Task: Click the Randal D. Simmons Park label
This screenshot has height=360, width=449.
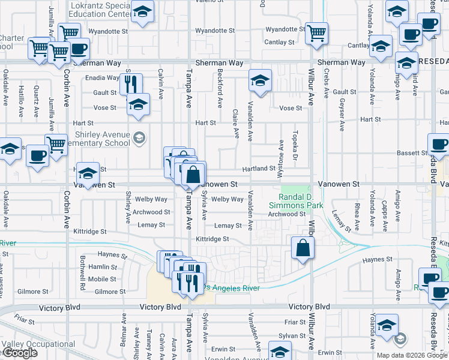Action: pyautogui.click(x=301, y=201)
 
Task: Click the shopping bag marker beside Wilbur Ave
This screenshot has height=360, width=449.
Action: pyautogui.click(x=303, y=248)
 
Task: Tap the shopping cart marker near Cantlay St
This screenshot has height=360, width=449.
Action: pyautogui.click(x=316, y=34)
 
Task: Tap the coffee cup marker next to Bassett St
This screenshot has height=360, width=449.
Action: pyautogui.click(x=438, y=145)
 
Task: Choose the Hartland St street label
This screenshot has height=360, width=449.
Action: pyautogui.click(x=259, y=169)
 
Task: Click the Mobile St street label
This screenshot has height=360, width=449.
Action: pyautogui.click(x=102, y=279)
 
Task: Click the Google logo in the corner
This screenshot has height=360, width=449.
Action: pyautogui.click(x=19, y=353)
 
